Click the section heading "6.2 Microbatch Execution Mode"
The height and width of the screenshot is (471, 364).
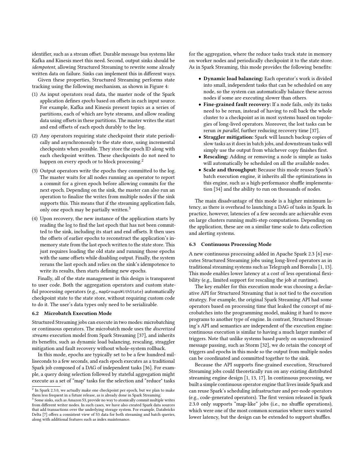click(x=72, y=313)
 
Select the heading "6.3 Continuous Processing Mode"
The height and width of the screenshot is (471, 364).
click(x=230, y=244)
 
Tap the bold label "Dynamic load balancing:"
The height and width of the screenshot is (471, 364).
click(x=233, y=78)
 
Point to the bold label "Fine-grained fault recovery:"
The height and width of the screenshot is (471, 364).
click(x=237, y=105)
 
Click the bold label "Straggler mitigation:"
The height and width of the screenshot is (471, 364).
click(x=228, y=137)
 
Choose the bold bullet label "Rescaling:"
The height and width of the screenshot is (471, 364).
click(x=216, y=157)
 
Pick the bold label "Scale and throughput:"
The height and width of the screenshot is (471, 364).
click(x=230, y=170)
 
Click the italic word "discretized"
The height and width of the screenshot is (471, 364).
click(x=164, y=329)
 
